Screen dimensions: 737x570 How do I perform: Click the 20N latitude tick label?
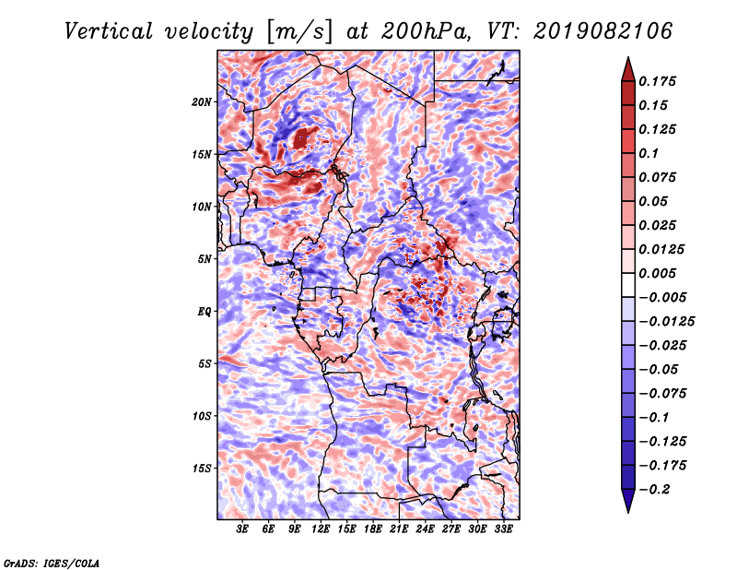pyautogui.click(x=202, y=101)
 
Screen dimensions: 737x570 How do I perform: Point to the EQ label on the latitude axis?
pyautogui.click(x=205, y=312)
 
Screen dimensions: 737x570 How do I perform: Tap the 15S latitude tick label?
pyautogui.click(x=202, y=469)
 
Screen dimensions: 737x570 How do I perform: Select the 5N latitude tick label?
pyautogui.click(x=205, y=259)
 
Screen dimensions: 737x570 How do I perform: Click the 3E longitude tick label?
pyautogui.click(x=242, y=528)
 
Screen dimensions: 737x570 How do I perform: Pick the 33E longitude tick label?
pyautogui.click(x=503, y=528)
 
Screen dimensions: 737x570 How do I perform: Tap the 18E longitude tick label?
pyautogui.click(x=373, y=528)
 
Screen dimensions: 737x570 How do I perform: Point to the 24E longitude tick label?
pyautogui.click(x=425, y=528)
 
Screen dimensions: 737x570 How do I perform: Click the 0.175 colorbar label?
pyautogui.click(x=657, y=81)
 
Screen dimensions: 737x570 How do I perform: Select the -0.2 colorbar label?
pyautogui.click(x=655, y=490)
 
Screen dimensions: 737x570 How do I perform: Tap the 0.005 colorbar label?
pyautogui.click(x=657, y=273)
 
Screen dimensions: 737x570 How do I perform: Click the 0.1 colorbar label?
pyautogui.click(x=649, y=153)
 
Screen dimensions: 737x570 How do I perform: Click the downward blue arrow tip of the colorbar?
pyautogui.click(x=628, y=512)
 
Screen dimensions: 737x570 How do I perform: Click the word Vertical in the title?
pyautogui.click(x=109, y=31)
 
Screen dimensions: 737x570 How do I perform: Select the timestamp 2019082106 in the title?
pyautogui.click(x=602, y=31)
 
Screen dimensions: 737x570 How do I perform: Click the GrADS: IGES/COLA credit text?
pyautogui.click(x=52, y=564)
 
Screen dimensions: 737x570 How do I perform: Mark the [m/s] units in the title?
pyautogui.click(x=299, y=32)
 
